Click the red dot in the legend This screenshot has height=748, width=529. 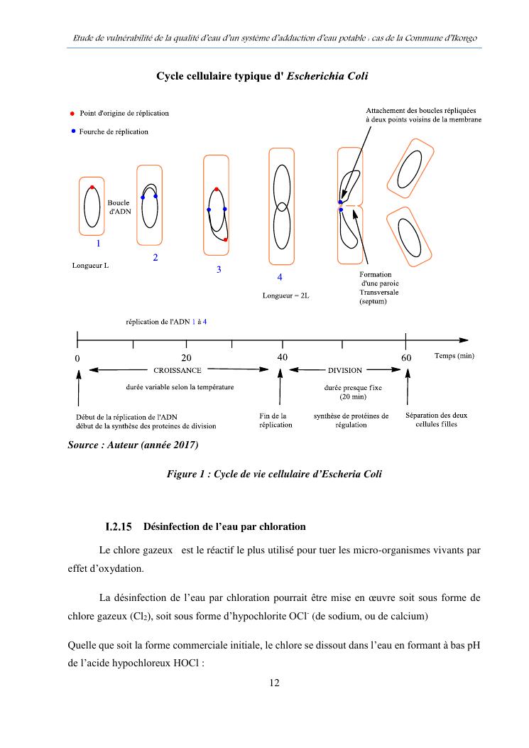[x=72, y=114]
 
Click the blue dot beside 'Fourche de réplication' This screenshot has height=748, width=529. [x=72, y=131]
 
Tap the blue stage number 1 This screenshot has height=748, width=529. [x=98, y=243]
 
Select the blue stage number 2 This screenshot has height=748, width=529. [x=156, y=257]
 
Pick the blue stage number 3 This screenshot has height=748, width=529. [x=219, y=269]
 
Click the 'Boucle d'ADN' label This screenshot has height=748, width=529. [x=119, y=207]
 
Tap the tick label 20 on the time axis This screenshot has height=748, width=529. [x=187, y=357]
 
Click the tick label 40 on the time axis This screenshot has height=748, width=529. [x=282, y=357]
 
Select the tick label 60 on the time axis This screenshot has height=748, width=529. [x=406, y=357]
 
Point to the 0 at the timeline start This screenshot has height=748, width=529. [x=77, y=358]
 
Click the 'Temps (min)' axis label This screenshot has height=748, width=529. [x=454, y=355]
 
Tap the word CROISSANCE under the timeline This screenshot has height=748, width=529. [x=178, y=370]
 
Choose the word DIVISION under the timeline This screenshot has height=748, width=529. [x=345, y=370]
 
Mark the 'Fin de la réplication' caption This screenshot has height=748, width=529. [x=275, y=420]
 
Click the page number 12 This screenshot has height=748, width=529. [x=274, y=683]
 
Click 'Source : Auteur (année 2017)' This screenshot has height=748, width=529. [x=133, y=445]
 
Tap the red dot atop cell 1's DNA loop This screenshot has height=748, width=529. [x=92, y=188]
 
